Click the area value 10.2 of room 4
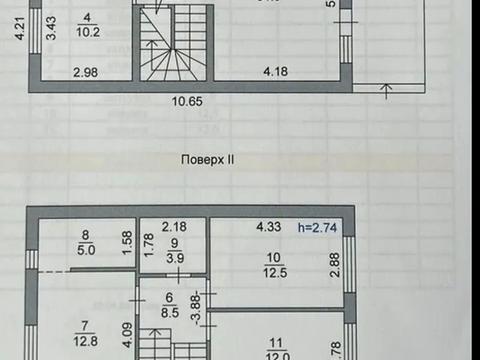pos(87,31)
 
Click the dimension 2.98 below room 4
pos(86,71)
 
